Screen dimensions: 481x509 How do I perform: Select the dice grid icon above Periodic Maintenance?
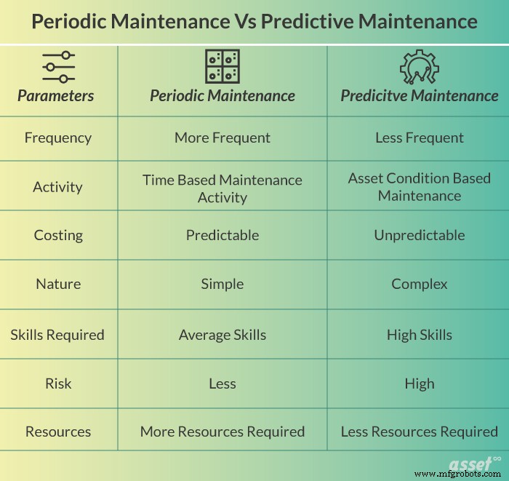pos(222,66)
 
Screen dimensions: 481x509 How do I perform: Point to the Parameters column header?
pos(56,95)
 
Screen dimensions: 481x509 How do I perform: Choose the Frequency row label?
pos(57,138)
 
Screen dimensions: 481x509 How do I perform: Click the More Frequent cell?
pos(222,138)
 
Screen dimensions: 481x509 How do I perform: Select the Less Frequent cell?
pos(420,138)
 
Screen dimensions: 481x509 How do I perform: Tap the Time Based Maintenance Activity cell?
pos(222,188)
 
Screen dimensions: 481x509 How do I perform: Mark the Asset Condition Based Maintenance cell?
pos(420,187)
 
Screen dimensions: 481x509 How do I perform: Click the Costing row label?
pos(58,235)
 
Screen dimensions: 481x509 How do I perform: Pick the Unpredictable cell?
pos(420,235)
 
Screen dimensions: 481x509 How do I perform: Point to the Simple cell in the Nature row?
pos(222,284)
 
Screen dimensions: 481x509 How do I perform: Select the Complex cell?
pos(420,284)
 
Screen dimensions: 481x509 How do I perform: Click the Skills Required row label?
pos(57,335)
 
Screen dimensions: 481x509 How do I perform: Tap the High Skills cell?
pos(420,335)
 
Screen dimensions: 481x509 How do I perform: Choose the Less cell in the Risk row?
pos(222,383)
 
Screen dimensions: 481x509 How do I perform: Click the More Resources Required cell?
pos(222,432)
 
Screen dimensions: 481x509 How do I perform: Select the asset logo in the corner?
pos(473,463)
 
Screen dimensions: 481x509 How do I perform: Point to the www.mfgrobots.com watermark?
pos(458,474)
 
